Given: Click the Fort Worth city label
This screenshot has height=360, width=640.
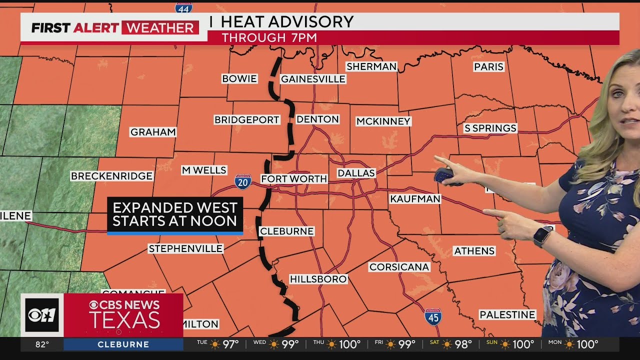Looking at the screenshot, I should pyautogui.click(x=294, y=179).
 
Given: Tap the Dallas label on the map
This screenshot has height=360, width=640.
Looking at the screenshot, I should pyautogui.click(x=356, y=173).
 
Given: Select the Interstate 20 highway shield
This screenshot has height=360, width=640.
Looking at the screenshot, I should pyautogui.click(x=243, y=182).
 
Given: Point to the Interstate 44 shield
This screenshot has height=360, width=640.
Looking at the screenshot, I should pyautogui.click(x=184, y=7).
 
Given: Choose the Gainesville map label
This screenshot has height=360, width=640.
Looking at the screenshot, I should pyautogui.click(x=313, y=79).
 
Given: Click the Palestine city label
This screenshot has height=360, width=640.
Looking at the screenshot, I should pyautogui.click(x=507, y=314).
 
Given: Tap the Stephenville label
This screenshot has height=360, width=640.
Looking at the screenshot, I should pyautogui.click(x=185, y=248).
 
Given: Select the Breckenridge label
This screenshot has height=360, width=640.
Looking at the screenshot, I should pyautogui.click(x=111, y=176).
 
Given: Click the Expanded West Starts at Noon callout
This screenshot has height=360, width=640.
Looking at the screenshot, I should pyautogui.click(x=174, y=215).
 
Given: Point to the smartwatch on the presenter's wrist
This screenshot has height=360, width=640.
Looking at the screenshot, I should pyautogui.click(x=542, y=235).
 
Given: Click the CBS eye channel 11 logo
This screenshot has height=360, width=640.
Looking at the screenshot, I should pyautogui.click(x=42, y=315).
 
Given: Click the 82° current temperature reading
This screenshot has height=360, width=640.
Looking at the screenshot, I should pyautogui.click(x=42, y=344).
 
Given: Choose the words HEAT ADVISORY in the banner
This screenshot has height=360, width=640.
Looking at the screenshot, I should pyautogui.click(x=287, y=21).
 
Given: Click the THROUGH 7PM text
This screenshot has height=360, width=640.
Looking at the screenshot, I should pyautogui.click(x=269, y=38).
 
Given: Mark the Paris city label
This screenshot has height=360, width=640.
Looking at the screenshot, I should pyautogui.click(x=488, y=67).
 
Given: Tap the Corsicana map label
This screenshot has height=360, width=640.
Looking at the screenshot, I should pyautogui.click(x=399, y=267).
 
